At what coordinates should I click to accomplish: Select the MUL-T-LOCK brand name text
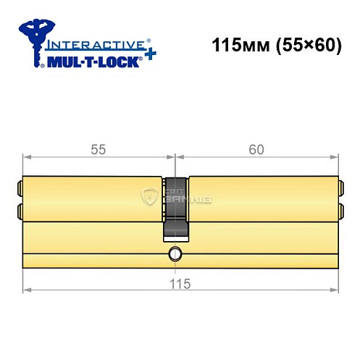[x=93, y=60]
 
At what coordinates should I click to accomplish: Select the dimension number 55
[x=99, y=149]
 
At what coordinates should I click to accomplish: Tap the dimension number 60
[x=256, y=149]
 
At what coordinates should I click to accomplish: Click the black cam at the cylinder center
[x=175, y=206]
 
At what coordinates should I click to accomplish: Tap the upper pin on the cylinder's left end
[x=19, y=189]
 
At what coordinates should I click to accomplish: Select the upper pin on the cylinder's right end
[x=341, y=189]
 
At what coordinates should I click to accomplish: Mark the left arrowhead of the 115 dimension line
[x=27, y=291]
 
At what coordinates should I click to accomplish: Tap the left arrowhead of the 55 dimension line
[x=27, y=156]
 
